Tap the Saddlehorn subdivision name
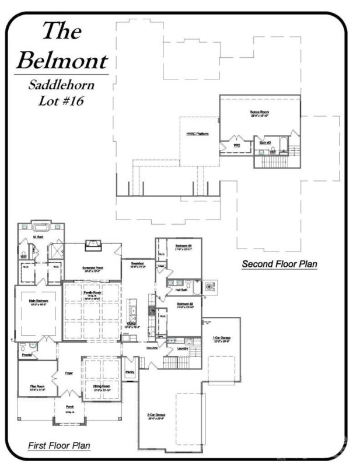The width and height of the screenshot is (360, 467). (x=61, y=85)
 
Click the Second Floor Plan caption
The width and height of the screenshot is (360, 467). (x=279, y=264)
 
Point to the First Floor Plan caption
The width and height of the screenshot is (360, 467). (x=59, y=446)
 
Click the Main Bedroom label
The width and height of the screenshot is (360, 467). (x=38, y=301)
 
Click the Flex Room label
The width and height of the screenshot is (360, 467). (x=37, y=386)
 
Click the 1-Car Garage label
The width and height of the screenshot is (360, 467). (x=219, y=338)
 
